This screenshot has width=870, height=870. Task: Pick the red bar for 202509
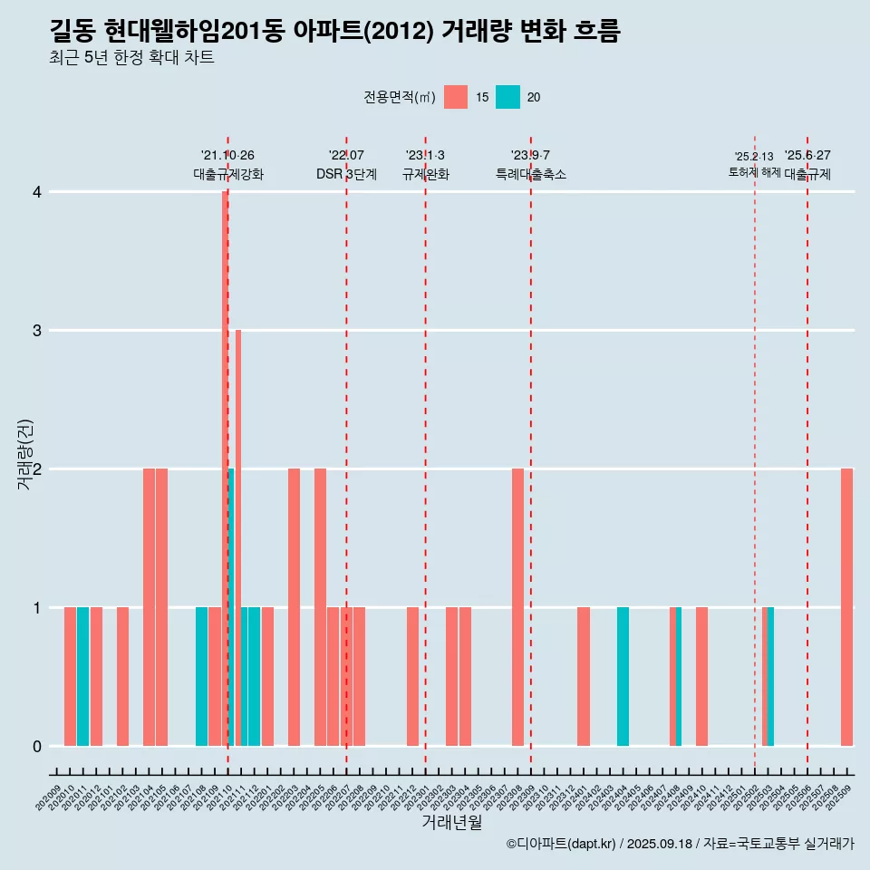[x=846, y=607]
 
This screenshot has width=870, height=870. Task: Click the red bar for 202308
[x=517, y=607]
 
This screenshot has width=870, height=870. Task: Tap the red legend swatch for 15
[x=456, y=97]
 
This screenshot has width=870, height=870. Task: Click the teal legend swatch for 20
[x=508, y=97]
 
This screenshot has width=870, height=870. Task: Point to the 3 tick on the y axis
[x=37, y=331]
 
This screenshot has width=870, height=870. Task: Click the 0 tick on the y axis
[x=37, y=746]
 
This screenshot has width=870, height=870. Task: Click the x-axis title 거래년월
[x=451, y=822]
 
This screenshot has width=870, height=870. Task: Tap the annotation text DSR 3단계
[x=346, y=174]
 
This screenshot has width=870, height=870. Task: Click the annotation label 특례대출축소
[x=531, y=174]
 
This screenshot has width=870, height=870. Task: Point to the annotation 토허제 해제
[x=754, y=172]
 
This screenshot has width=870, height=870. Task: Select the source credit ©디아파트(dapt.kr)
[x=562, y=844]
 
